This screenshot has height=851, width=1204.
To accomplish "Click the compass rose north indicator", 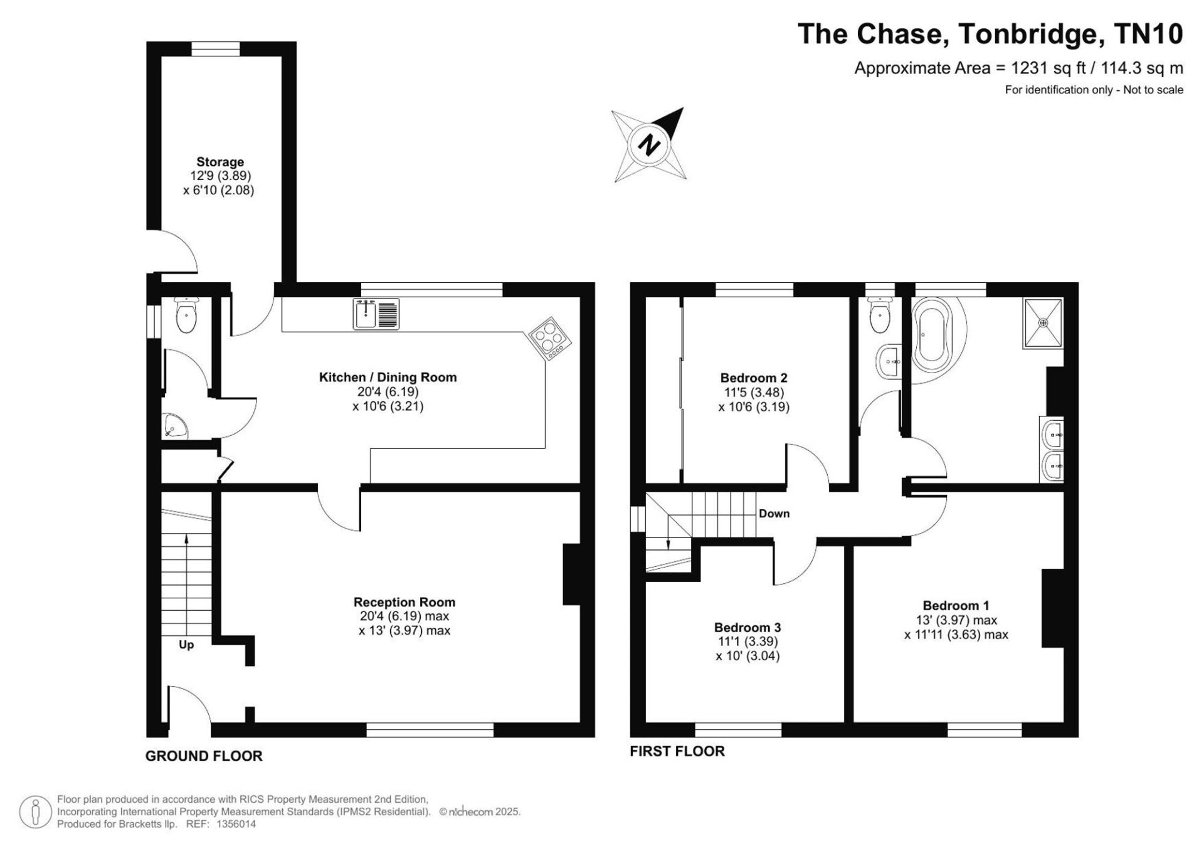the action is (x=650, y=145).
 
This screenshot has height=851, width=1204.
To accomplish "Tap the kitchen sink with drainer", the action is (x=376, y=314).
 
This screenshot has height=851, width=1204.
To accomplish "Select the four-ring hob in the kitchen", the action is (x=550, y=339).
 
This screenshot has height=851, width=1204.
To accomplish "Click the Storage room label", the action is (x=219, y=162).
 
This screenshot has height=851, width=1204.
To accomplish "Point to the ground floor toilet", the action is (x=186, y=315).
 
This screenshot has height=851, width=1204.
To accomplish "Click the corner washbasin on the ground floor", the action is (x=174, y=426).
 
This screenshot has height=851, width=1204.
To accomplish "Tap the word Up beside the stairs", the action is (x=186, y=645).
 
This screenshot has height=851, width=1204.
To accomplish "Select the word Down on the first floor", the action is (x=774, y=514).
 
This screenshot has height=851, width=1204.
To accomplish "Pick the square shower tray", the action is (x=1043, y=323).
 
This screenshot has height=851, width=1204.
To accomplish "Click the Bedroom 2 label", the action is (x=754, y=378).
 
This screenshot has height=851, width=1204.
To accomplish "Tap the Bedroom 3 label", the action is (x=747, y=628).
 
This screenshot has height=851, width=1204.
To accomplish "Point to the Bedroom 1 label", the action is (x=956, y=606).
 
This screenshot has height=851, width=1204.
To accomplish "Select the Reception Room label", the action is (x=404, y=603).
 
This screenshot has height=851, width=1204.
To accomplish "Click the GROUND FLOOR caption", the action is (x=204, y=756).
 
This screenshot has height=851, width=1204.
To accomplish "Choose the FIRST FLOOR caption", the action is (x=677, y=751).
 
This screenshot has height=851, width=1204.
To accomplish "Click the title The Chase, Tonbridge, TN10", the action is (x=990, y=33).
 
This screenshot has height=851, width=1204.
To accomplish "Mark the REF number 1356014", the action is (x=236, y=825).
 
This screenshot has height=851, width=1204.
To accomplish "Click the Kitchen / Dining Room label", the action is (x=388, y=378).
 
